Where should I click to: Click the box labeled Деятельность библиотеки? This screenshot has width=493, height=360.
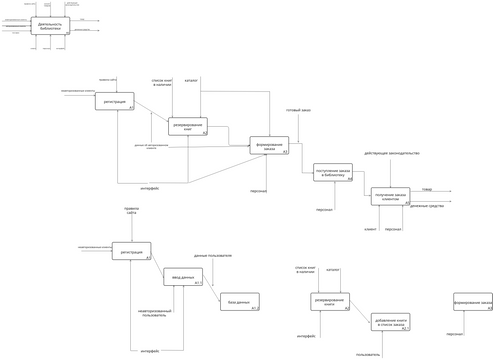pos(50,27)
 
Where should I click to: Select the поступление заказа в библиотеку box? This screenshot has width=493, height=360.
pos(332,172)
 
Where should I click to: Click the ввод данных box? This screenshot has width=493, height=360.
pos(183,276)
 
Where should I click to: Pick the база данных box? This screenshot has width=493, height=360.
pos(239,301)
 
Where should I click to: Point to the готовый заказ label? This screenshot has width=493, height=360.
pos(298,110)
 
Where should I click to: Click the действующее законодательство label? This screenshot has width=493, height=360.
pos(385,153)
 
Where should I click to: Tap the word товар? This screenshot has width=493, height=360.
pos(427,188)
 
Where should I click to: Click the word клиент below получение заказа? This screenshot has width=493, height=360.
pos(370,229)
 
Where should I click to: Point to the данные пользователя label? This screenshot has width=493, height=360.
pos(212,255)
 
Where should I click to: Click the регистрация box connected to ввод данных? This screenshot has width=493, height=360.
pos(131,251)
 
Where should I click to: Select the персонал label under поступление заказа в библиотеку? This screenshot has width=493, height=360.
pos(324,210)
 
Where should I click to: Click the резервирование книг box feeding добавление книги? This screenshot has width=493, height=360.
pos(329,301)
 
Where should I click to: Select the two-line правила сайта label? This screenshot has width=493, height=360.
pos(131,211)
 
